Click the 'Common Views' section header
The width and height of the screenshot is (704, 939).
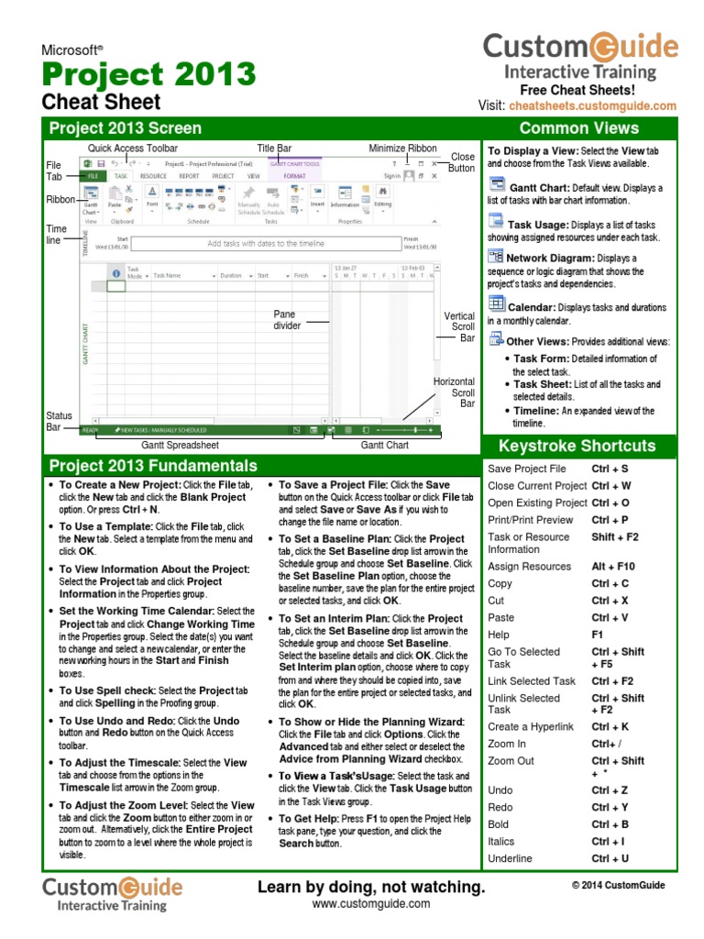[x=578, y=128]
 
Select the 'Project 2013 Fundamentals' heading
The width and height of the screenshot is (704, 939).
[x=153, y=466]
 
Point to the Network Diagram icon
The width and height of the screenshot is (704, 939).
[x=496, y=257]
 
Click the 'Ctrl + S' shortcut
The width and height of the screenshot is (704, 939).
[x=610, y=469]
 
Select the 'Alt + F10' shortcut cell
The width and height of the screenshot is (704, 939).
[x=612, y=567]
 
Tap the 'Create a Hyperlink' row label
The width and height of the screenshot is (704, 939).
[x=531, y=727]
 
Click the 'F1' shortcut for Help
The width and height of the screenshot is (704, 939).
[x=598, y=635]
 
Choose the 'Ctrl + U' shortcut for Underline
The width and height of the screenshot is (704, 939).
[x=610, y=859]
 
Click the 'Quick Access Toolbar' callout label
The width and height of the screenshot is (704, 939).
[x=132, y=148]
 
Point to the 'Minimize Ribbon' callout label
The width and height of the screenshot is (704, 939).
[x=402, y=148]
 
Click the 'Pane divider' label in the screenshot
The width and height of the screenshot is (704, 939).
[x=287, y=320]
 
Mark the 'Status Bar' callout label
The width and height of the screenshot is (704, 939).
[x=59, y=422]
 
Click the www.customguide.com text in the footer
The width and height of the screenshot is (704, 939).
[x=370, y=904]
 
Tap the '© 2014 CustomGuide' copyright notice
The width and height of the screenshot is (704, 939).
[x=618, y=886]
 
